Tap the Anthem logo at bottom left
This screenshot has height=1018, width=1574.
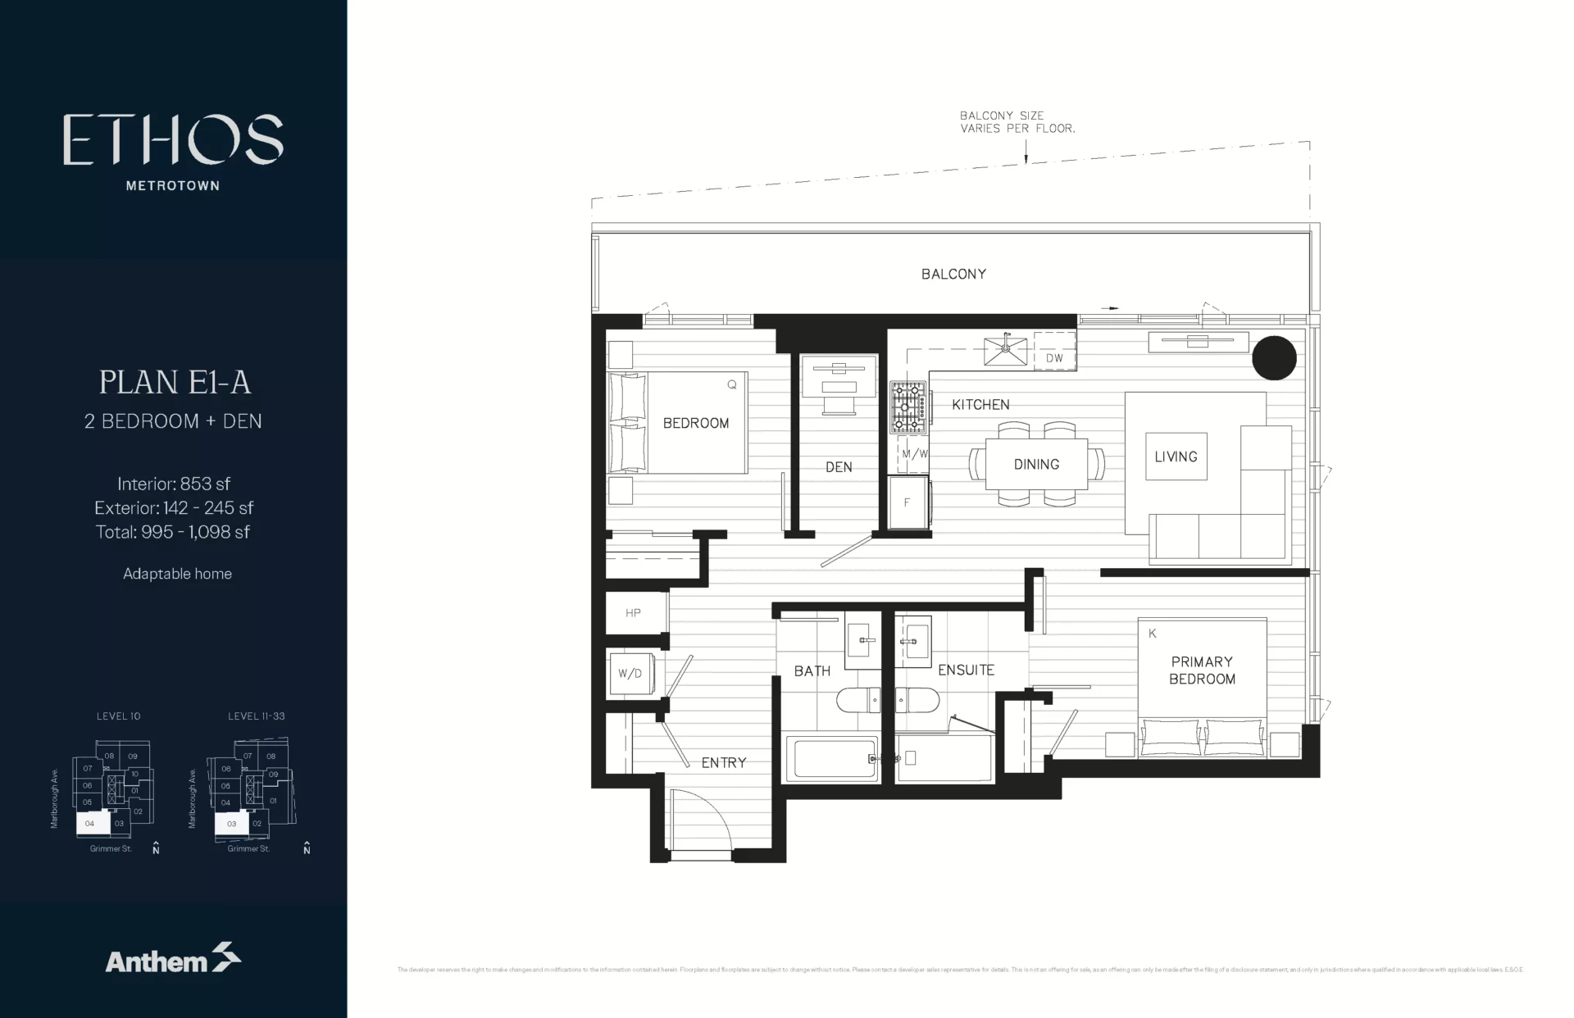[x=173, y=959]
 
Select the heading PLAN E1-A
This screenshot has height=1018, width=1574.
[x=175, y=383]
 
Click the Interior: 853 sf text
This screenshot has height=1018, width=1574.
[x=174, y=484]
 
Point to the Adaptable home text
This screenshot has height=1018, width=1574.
[x=177, y=574]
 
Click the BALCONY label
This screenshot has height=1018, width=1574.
[x=953, y=274]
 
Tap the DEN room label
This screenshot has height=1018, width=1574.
[x=839, y=467]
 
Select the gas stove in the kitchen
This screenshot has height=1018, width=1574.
[x=908, y=407]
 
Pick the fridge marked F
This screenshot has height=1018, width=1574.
[x=908, y=502]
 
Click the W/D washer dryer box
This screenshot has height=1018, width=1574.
[x=630, y=674]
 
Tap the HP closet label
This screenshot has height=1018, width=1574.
[x=633, y=613]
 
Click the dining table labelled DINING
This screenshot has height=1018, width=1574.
[x=1036, y=464]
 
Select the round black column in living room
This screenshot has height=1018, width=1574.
[x=1274, y=357]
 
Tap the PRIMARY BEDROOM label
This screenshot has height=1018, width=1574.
[x=1202, y=670]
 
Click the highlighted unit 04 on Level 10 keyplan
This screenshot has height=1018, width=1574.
[x=91, y=823]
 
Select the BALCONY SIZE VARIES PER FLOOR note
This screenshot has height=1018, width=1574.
[x=1017, y=122]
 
